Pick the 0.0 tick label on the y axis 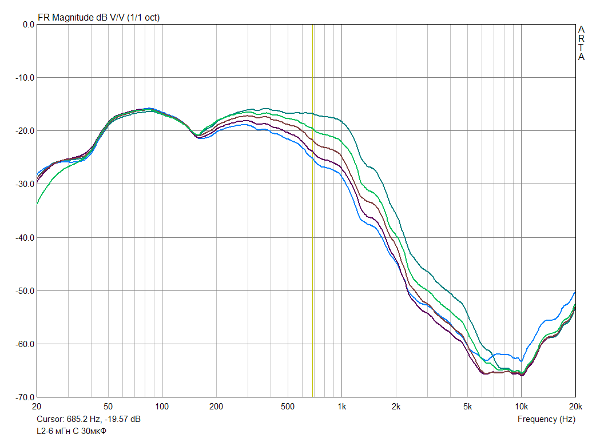tap(28, 25)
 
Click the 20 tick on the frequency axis tap(37, 407)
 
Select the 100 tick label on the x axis tap(162, 407)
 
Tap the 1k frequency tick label tap(341, 407)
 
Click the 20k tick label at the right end tap(575, 407)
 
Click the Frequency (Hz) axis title tap(546, 419)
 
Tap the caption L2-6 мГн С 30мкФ tap(72, 431)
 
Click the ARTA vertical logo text tap(581, 43)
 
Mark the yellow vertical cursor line tap(313, 229)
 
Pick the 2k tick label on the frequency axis tap(396, 407)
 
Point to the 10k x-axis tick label tap(520, 407)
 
